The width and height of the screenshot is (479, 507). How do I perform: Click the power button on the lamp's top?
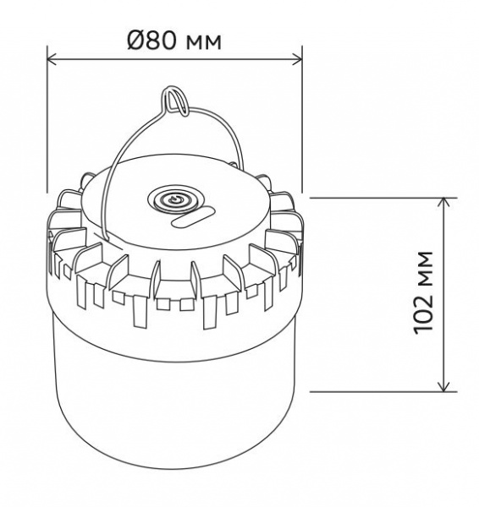(175, 201)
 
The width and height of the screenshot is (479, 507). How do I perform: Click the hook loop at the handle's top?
(176, 99)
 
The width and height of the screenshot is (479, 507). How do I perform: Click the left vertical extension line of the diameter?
(47, 127)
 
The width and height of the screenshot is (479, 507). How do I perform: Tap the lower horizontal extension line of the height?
(381, 391)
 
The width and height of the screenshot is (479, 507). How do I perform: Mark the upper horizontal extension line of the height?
(381, 197)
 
